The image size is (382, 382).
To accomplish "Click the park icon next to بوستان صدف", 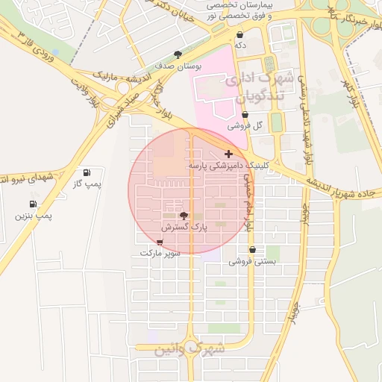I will point(177,54).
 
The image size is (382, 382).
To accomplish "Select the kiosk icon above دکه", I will point(239,34).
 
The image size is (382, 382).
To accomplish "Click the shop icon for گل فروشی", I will point(245,114).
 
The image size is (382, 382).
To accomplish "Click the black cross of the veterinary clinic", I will point(228,153).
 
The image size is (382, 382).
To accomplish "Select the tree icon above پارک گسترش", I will point(184,215).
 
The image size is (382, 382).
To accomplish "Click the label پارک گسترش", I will point(185,226).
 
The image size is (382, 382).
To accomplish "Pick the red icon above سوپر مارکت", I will point(160,242).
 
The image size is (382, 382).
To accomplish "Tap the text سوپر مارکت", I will point(161,254).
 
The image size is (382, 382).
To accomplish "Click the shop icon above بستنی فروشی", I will point(252,250).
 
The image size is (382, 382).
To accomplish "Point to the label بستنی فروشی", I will point(252,261).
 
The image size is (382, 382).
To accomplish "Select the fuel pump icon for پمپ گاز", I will point(88,172).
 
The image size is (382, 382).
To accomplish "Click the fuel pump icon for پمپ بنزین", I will point(33,204).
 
